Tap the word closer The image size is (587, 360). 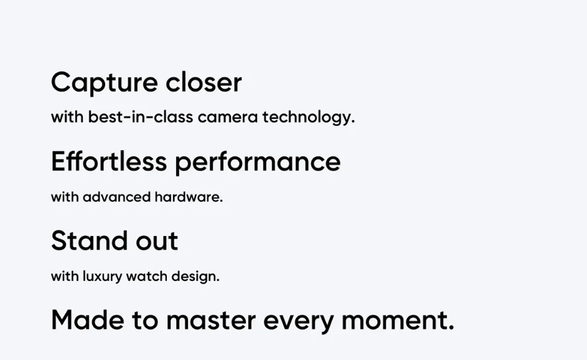[x=203, y=82]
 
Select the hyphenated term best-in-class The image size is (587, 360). [x=141, y=117]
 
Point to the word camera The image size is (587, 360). [x=228, y=117]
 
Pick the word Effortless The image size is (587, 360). [x=109, y=162]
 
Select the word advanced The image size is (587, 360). [x=117, y=197]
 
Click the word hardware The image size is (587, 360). [x=187, y=197]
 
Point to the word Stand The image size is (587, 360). [x=89, y=241]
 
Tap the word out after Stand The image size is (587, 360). [x=157, y=241]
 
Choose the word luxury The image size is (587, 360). [x=102, y=277]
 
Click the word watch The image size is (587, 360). [x=147, y=276]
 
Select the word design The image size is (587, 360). [x=194, y=277]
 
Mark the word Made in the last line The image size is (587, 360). [x=87, y=320]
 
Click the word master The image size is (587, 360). [x=211, y=321]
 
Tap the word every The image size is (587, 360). [x=299, y=322]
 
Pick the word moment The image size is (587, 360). [x=394, y=321]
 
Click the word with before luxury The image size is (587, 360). [x=65, y=276]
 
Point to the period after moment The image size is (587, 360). [x=451, y=328]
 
